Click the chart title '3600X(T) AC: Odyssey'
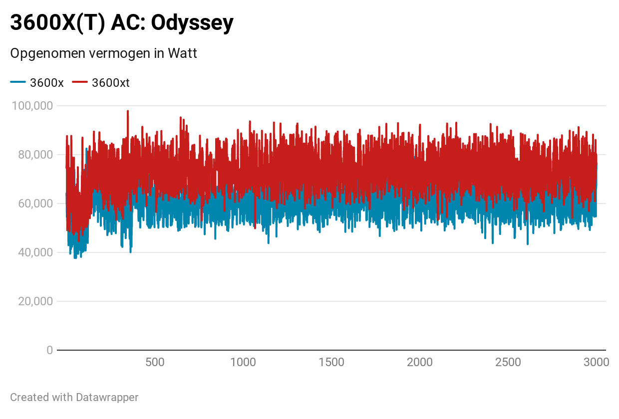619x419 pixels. (x=122, y=23)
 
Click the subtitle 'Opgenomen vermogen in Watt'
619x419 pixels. (x=103, y=53)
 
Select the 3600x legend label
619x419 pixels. (x=47, y=83)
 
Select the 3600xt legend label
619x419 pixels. (x=111, y=83)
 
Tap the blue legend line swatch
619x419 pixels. (x=18, y=82)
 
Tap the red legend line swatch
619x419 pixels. (x=80, y=82)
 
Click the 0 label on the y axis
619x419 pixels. (x=49, y=350)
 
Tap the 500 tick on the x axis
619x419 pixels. (x=155, y=362)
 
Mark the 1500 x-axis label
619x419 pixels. (x=331, y=362)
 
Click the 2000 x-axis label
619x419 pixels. (x=420, y=362)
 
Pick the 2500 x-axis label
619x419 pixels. (x=508, y=362)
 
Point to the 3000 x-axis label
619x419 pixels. (x=596, y=362)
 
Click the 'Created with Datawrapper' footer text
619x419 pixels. (x=74, y=398)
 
